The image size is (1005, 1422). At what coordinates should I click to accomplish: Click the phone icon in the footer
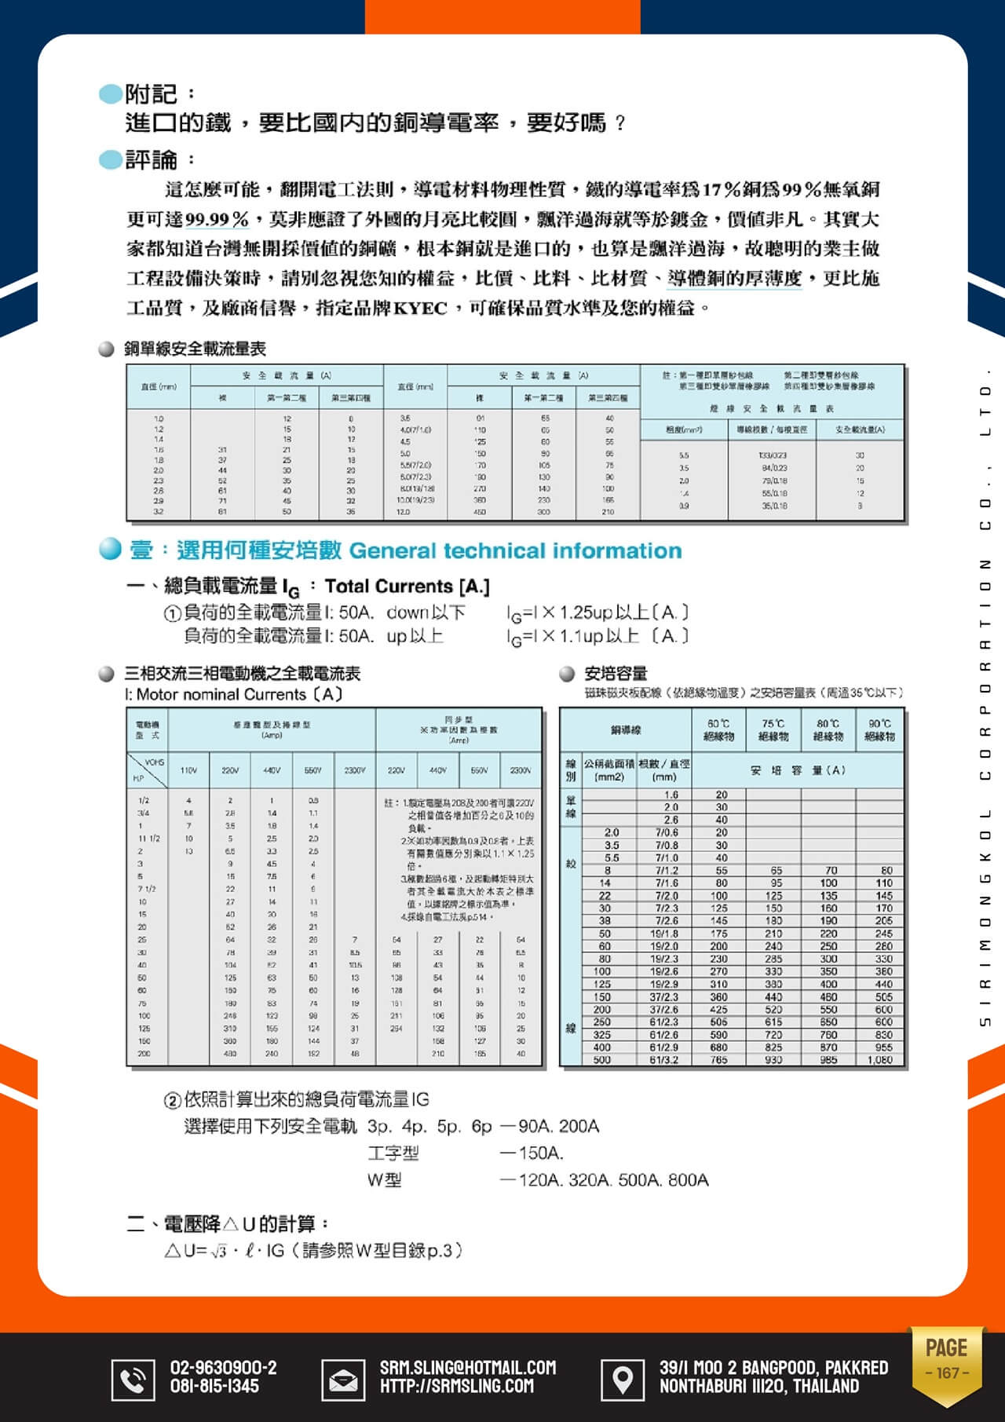pos(133,1378)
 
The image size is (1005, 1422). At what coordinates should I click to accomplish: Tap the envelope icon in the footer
pos(342,1378)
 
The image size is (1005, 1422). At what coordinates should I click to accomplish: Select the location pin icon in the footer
pos(622,1378)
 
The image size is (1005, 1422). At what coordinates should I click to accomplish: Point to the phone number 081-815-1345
pos(214,1387)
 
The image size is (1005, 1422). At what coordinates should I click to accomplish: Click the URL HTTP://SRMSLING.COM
pos(457,1387)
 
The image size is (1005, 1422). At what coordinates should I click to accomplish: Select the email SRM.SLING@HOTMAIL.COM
pos(468,1367)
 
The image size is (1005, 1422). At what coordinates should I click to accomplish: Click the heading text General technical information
pos(515,551)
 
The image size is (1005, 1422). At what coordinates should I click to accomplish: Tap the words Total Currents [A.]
pos(407,587)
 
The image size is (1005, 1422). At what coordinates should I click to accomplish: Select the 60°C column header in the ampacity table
pos(718,730)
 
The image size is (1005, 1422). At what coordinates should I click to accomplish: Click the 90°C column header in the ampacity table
pos(879,730)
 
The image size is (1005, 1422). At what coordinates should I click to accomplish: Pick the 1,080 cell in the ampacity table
pos(879,1060)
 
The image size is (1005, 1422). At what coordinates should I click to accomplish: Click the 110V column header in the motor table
pos(188,771)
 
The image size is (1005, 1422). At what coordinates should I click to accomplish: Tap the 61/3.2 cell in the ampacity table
pos(664,1060)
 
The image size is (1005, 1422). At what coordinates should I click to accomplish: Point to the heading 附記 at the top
pos(152,94)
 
